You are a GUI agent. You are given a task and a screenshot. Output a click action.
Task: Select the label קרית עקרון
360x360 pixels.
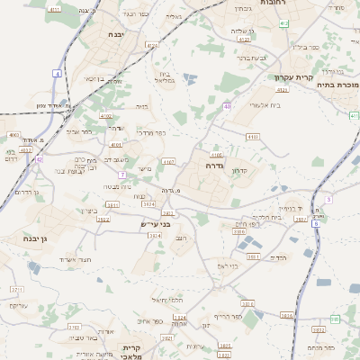pyautogui.click(x=293, y=78)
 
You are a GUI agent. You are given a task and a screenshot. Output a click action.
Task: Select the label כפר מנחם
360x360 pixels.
pyautogui.click(x=319, y=346)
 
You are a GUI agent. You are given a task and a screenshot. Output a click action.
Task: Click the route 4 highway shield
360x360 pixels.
pyautogui.click(x=58, y=73)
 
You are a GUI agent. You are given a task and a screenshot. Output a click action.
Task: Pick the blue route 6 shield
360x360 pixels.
pyautogui.click(x=315, y=222)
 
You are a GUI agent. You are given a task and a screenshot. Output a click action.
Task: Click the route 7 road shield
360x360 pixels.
pyautogui.click(x=121, y=174)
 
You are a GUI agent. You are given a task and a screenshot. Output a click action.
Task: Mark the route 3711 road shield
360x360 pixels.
pyautogui.click(x=17, y=291)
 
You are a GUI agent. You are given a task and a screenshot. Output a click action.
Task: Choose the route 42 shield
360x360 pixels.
pyautogui.click(x=40, y=159)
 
